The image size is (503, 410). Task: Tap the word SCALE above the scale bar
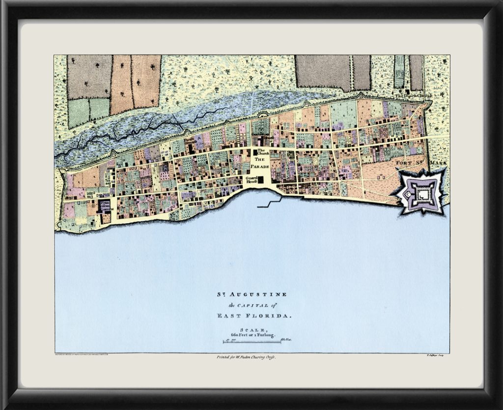click(252, 329)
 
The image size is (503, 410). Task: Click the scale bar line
click(252, 341)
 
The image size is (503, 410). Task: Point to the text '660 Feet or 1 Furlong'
click(252, 334)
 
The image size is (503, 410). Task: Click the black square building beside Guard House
click(261, 178)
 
